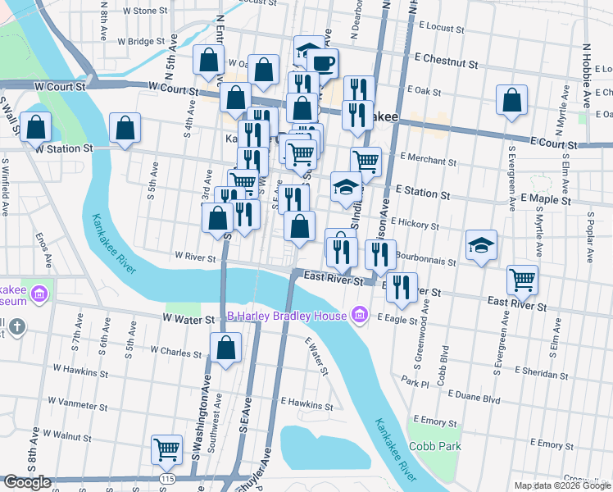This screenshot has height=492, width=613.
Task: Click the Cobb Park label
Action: (x=436, y=447)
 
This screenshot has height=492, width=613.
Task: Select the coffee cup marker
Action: (x=321, y=62)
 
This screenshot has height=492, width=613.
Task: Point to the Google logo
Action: (x=27, y=482)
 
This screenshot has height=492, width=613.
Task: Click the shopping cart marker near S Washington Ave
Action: (x=167, y=449)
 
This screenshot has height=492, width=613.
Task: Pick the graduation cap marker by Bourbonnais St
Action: (x=481, y=244)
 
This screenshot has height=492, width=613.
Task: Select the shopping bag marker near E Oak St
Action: (x=511, y=102)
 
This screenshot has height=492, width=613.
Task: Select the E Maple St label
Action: (x=540, y=199)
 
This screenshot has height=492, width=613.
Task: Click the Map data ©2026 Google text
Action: (x=561, y=485)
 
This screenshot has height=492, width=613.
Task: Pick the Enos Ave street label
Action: (x=43, y=249)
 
